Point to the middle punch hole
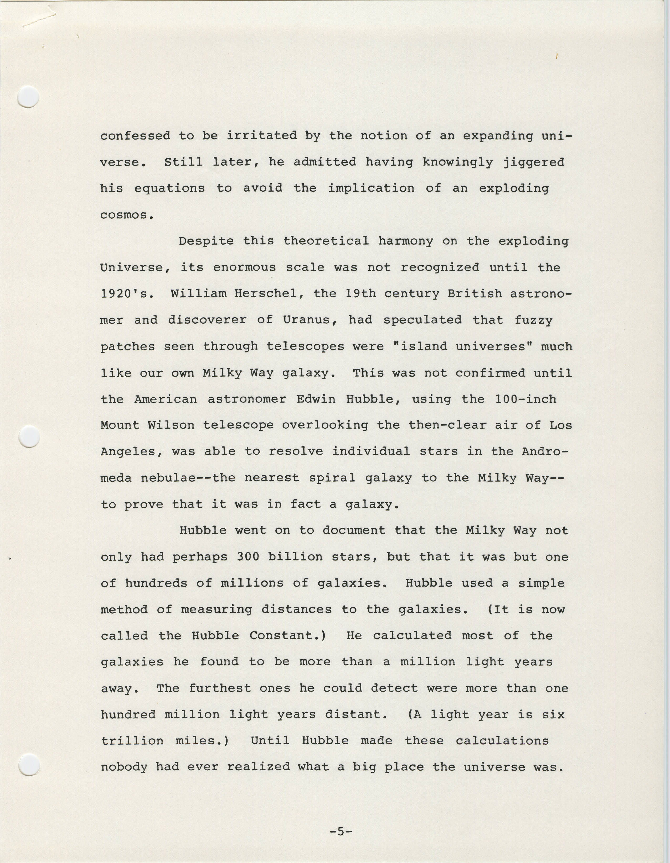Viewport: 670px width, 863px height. [x=29, y=437]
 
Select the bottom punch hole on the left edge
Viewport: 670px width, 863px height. [x=29, y=764]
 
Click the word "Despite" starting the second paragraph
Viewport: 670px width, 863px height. [x=206, y=241]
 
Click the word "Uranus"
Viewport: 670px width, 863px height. [x=307, y=320]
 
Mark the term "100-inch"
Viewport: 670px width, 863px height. [x=526, y=399]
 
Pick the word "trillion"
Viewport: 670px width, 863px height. [x=132, y=741]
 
